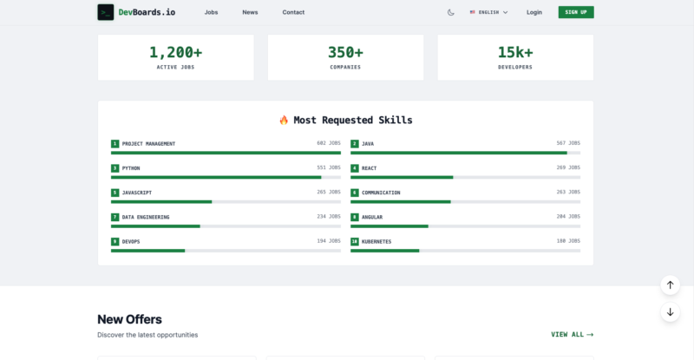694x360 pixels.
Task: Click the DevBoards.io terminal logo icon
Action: click(105, 12)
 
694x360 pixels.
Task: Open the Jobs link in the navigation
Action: click(211, 12)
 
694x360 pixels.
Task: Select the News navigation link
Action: click(250, 12)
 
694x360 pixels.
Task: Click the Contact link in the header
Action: click(293, 12)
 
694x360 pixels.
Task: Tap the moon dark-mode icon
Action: click(450, 12)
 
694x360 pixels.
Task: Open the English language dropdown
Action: click(488, 12)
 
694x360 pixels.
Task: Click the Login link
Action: click(534, 12)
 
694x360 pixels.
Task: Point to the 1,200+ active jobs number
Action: click(176, 52)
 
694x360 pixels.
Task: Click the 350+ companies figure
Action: click(345, 52)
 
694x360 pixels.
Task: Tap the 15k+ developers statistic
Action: click(515, 52)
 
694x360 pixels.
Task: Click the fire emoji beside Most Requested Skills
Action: click(284, 120)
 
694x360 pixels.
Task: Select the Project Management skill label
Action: click(148, 144)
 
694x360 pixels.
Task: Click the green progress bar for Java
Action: click(459, 153)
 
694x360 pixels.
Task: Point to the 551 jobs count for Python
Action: click(329, 167)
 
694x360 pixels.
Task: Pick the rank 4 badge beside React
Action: click(355, 168)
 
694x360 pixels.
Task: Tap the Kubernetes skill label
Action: click(376, 242)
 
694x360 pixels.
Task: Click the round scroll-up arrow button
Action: click(670, 285)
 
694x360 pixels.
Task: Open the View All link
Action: click(573, 334)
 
